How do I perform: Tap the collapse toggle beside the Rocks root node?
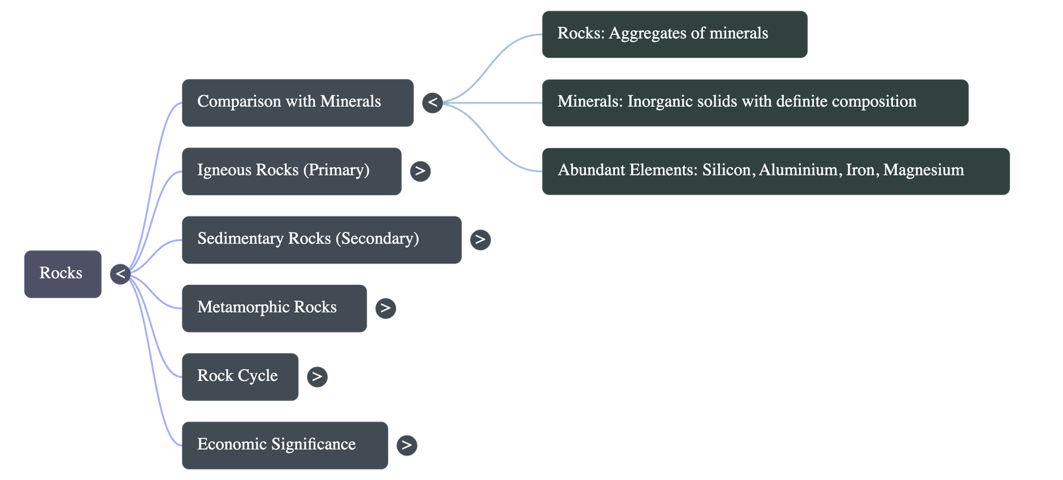[120, 274]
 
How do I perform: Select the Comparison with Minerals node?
[297, 102]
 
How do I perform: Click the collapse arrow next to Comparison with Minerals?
[432, 102]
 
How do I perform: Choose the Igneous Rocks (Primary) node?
[291, 171]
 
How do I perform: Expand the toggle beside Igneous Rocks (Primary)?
[420, 171]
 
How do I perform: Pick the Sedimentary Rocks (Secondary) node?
[321, 239]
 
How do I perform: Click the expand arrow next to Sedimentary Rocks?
[480, 239]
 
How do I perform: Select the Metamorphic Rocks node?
[274, 308]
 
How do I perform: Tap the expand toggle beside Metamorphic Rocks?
[385, 308]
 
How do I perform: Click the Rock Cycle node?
[240, 376]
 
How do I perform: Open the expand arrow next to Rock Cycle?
[317, 376]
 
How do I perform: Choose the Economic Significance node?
[284, 445]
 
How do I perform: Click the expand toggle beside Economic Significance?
[407, 445]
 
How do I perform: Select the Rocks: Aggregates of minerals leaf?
[674, 34]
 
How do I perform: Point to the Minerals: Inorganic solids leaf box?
[755, 102]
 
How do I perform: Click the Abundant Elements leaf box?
[775, 171]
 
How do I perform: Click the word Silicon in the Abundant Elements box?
[727, 170]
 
